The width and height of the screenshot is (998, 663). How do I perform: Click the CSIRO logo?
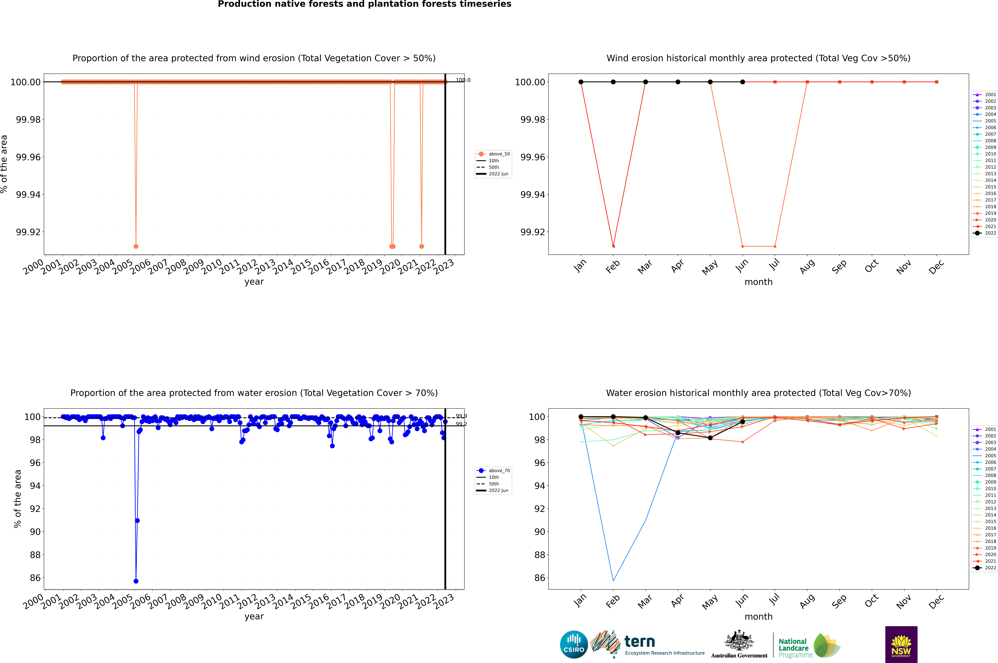(x=574, y=644)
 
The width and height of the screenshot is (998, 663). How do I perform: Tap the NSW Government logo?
(x=901, y=644)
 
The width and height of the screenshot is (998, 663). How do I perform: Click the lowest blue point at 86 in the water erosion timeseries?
(x=136, y=581)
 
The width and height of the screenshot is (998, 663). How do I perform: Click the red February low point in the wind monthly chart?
(x=613, y=246)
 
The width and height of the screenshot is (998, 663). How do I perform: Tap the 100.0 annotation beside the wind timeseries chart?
(x=463, y=80)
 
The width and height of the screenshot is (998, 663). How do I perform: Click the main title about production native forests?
(x=364, y=4)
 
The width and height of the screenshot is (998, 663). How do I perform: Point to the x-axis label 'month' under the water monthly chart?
(x=758, y=617)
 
